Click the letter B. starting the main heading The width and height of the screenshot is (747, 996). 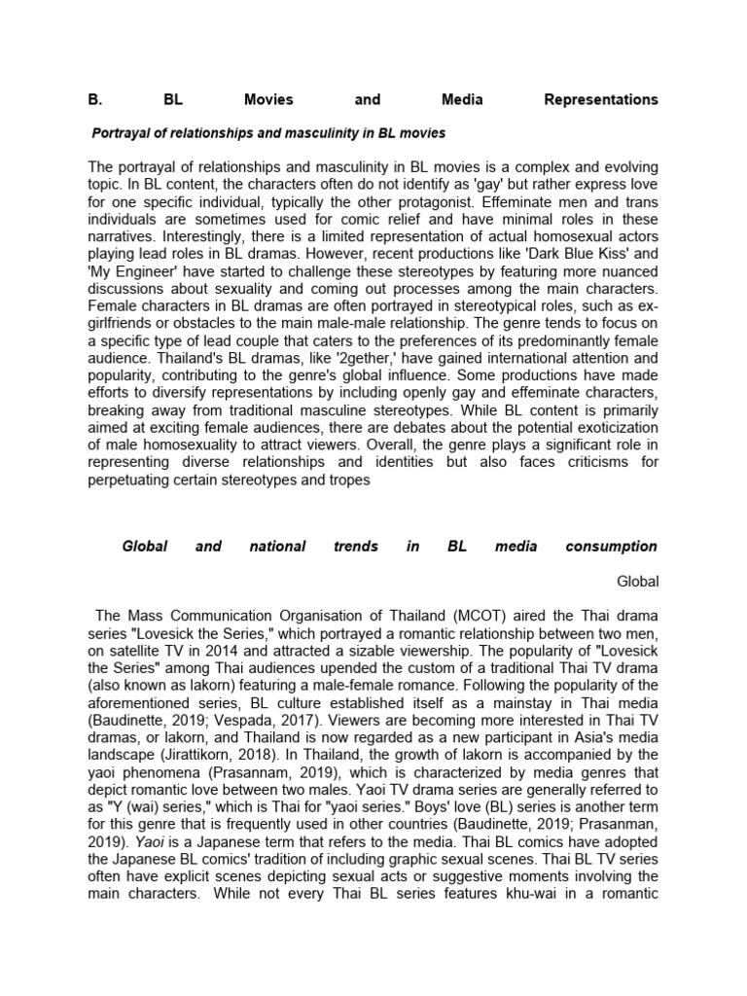(94, 99)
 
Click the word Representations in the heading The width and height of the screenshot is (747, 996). (600, 99)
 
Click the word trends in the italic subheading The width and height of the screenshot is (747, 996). (355, 547)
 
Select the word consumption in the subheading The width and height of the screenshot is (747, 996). (613, 547)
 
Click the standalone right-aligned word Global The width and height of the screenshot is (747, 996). (638, 582)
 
